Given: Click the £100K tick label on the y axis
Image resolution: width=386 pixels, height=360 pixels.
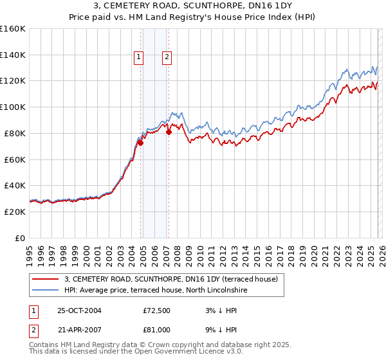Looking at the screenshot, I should [x=13, y=107].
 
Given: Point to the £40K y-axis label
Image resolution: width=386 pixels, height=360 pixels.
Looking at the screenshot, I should [x=15, y=185].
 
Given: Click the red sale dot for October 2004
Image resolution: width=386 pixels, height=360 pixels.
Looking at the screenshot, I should [x=140, y=143].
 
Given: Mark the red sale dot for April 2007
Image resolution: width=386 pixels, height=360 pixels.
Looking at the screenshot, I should [x=169, y=132].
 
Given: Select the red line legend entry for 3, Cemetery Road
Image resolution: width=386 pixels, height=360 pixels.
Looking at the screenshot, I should [x=170, y=279].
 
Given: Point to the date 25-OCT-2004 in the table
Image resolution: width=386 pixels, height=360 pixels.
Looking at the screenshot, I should [x=79, y=310].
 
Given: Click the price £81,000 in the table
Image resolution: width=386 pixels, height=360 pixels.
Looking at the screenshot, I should [x=157, y=328].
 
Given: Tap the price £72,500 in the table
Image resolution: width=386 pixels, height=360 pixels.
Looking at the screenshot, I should [x=157, y=310].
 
